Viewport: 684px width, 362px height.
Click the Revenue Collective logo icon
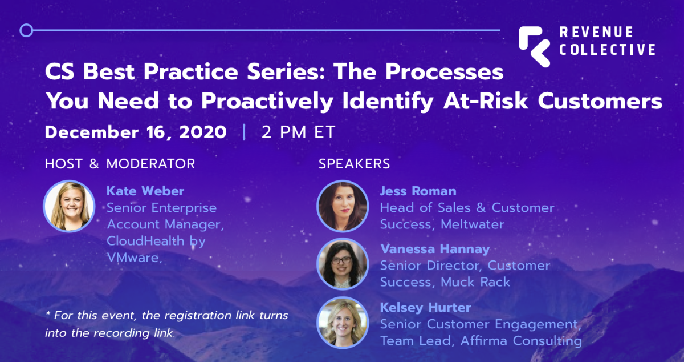[x=534, y=46]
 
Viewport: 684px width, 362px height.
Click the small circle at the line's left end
[x=26, y=30]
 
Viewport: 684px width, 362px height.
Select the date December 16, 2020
[x=136, y=132]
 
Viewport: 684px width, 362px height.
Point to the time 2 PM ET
[x=298, y=132]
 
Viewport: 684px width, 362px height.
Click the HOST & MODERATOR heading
[x=120, y=164]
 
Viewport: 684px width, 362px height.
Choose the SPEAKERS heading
[x=354, y=164]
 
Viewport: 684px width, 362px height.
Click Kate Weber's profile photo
[x=69, y=206]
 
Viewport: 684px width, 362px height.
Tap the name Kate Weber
[x=145, y=191]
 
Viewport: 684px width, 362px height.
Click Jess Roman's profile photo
[x=343, y=206]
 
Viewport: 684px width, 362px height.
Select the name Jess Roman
[x=418, y=191]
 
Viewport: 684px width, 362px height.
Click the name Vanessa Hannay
[x=435, y=249]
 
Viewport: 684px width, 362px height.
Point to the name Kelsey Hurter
[x=425, y=307]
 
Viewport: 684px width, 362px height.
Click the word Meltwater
[x=473, y=224]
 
